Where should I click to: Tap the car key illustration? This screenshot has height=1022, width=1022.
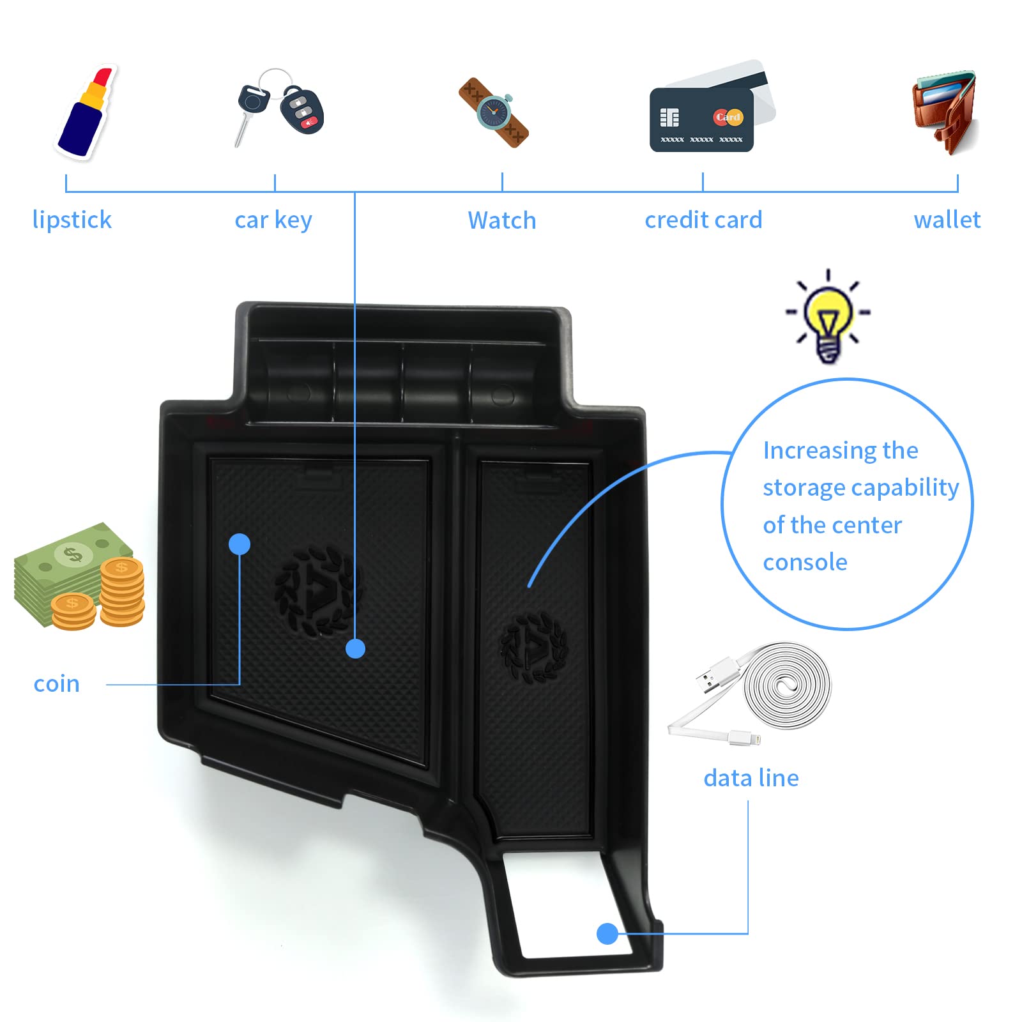click(280, 107)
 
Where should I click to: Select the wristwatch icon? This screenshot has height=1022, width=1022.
click(494, 113)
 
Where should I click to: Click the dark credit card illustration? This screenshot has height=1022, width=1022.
click(701, 120)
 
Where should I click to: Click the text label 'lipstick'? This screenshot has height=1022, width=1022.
click(72, 220)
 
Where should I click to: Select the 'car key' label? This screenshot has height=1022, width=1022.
click(273, 220)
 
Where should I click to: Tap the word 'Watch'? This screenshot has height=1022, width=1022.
click(502, 220)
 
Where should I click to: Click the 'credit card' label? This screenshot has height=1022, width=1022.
click(703, 220)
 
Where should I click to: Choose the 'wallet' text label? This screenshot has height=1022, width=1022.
click(947, 220)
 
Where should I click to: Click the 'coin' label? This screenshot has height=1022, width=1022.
click(57, 683)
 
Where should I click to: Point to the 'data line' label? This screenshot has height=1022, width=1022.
click(751, 778)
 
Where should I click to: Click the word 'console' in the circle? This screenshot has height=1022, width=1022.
click(805, 562)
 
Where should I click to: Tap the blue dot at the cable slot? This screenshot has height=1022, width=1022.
click(607, 934)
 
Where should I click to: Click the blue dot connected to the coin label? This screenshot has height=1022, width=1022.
click(240, 544)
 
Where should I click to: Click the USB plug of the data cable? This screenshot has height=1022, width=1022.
click(709, 678)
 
